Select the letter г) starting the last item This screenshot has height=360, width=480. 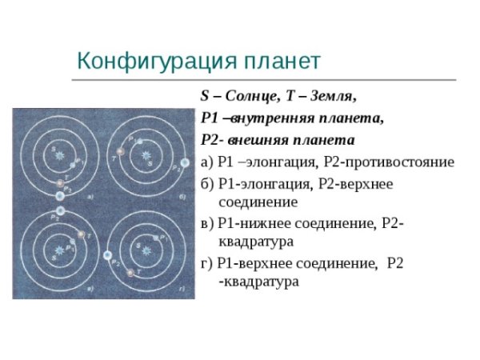tap(206, 262)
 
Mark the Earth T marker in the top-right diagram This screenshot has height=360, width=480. tap(120, 150)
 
